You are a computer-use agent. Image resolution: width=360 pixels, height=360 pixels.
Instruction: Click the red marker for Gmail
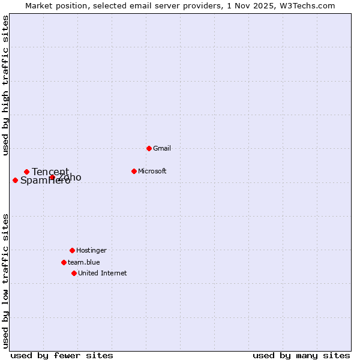coord(149,148)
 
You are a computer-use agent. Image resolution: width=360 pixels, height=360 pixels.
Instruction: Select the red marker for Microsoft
coord(134,171)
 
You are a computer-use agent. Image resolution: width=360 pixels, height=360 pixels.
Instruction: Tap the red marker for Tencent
coord(26,172)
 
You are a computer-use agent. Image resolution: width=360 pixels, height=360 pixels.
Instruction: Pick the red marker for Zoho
coord(52,177)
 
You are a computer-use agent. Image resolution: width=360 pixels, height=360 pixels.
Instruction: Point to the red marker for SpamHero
coord(15,180)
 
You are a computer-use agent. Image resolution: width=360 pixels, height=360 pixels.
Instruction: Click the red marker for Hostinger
coord(72,250)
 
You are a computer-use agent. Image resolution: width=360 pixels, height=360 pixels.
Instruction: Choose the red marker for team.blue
coord(64,262)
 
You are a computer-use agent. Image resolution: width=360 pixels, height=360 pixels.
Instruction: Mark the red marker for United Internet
coord(74,273)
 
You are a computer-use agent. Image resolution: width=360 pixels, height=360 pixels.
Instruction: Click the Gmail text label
coord(162,148)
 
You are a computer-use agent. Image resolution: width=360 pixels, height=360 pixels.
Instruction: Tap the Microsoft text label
coord(152,171)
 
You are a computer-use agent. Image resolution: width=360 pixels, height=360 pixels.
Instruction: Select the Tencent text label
coord(50,172)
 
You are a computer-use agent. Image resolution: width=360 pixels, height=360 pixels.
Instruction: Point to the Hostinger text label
coord(91,250)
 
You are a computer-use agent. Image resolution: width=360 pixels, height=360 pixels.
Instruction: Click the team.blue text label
coord(84,262)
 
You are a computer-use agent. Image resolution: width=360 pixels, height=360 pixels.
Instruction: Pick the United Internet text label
coord(103,273)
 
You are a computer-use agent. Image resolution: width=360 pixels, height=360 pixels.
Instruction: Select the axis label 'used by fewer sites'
coord(62,355)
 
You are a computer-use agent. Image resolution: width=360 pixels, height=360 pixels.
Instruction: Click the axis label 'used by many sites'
coord(301,355)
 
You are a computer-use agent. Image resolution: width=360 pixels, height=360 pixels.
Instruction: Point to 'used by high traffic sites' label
coord(5,85)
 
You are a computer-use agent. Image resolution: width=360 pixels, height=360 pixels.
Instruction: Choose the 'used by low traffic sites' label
coord(5,281)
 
